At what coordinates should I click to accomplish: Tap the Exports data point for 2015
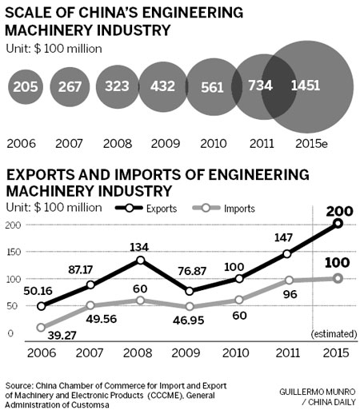coord(337,224)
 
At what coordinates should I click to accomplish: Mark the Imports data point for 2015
coord(337,278)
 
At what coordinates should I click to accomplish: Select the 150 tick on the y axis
coord(13,252)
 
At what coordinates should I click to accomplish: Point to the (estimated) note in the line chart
coord(334,332)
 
